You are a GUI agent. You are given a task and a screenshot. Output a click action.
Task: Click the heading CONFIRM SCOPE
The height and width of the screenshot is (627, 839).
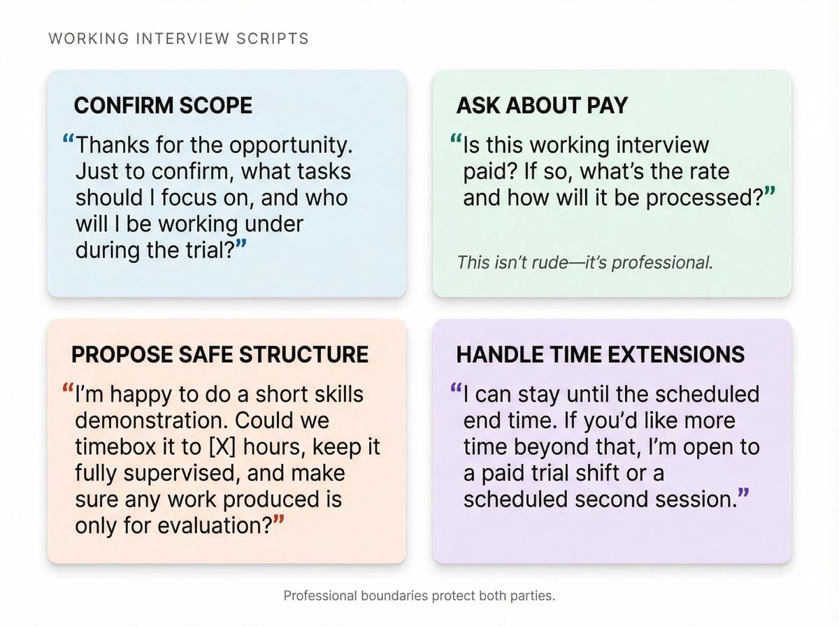[163, 106]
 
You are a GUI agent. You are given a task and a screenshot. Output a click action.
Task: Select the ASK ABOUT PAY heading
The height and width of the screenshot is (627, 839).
[542, 106]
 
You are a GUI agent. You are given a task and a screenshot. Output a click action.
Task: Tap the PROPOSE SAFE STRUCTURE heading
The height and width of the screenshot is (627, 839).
[220, 354]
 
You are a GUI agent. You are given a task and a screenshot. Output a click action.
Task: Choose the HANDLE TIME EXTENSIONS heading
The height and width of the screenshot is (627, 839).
[600, 354]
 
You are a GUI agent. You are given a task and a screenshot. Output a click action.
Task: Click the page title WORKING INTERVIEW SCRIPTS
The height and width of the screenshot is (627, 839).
[178, 38]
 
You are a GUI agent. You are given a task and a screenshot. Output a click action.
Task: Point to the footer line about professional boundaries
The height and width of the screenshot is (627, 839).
[419, 596]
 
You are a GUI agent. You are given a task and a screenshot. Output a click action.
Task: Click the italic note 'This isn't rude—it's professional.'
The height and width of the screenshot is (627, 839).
[585, 262]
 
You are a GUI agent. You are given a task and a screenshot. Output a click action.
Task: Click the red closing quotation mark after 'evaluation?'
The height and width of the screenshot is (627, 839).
[279, 521]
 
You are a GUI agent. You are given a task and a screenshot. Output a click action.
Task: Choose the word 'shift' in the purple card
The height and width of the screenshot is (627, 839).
[602, 473]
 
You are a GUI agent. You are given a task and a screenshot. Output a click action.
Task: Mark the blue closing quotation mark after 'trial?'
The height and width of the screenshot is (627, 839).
[241, 246]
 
